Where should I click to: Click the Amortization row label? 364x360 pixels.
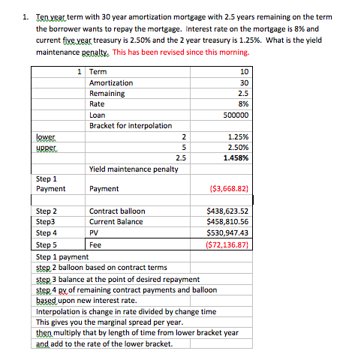tap(111, 82)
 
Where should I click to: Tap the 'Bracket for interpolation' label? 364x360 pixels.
tap(131, 126)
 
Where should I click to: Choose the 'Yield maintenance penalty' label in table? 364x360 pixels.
tap(134, 169)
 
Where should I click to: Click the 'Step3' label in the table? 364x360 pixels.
tap(47, 223)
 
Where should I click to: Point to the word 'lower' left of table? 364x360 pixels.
tap(46, 137)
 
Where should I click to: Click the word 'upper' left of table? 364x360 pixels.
tap(47, 148)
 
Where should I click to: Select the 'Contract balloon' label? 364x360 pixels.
tap(117, 211)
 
